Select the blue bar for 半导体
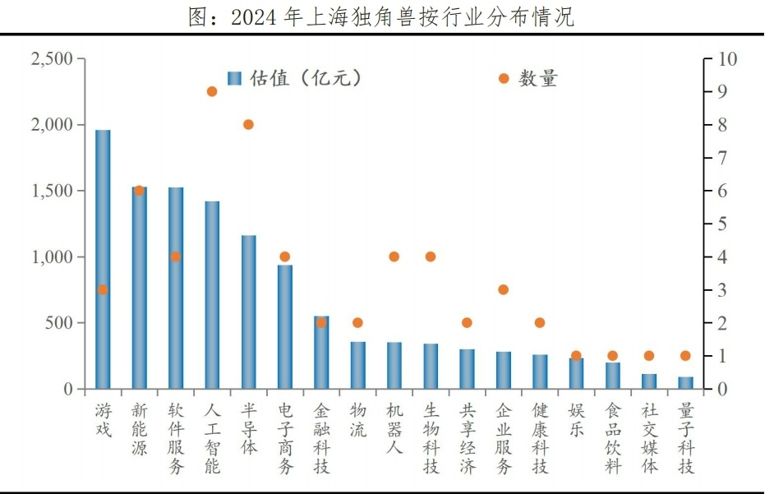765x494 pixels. (x=248, y=312)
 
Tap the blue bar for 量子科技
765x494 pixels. (x=685, y=382)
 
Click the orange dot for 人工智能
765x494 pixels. (x=212, y=91)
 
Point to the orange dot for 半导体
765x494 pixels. (x=248, y=124)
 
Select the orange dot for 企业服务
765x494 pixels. (x=503, y=289)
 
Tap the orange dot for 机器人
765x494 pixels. (x=394, y=256)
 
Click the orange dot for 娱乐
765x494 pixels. (x=576, y=356)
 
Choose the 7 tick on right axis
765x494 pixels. (x=722, y=158)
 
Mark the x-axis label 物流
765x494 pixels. (x=357, y=419)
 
